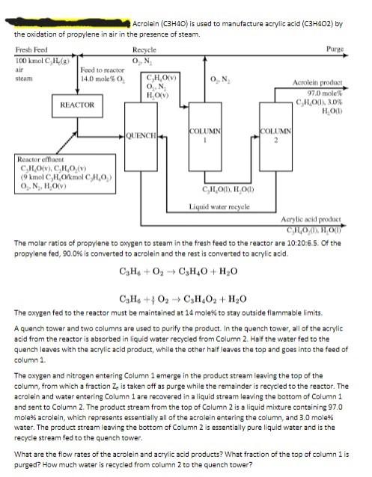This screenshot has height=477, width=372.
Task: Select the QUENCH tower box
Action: (x=141, y=135)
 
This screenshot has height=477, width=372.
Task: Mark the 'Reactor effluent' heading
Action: (x=39, y=159)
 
